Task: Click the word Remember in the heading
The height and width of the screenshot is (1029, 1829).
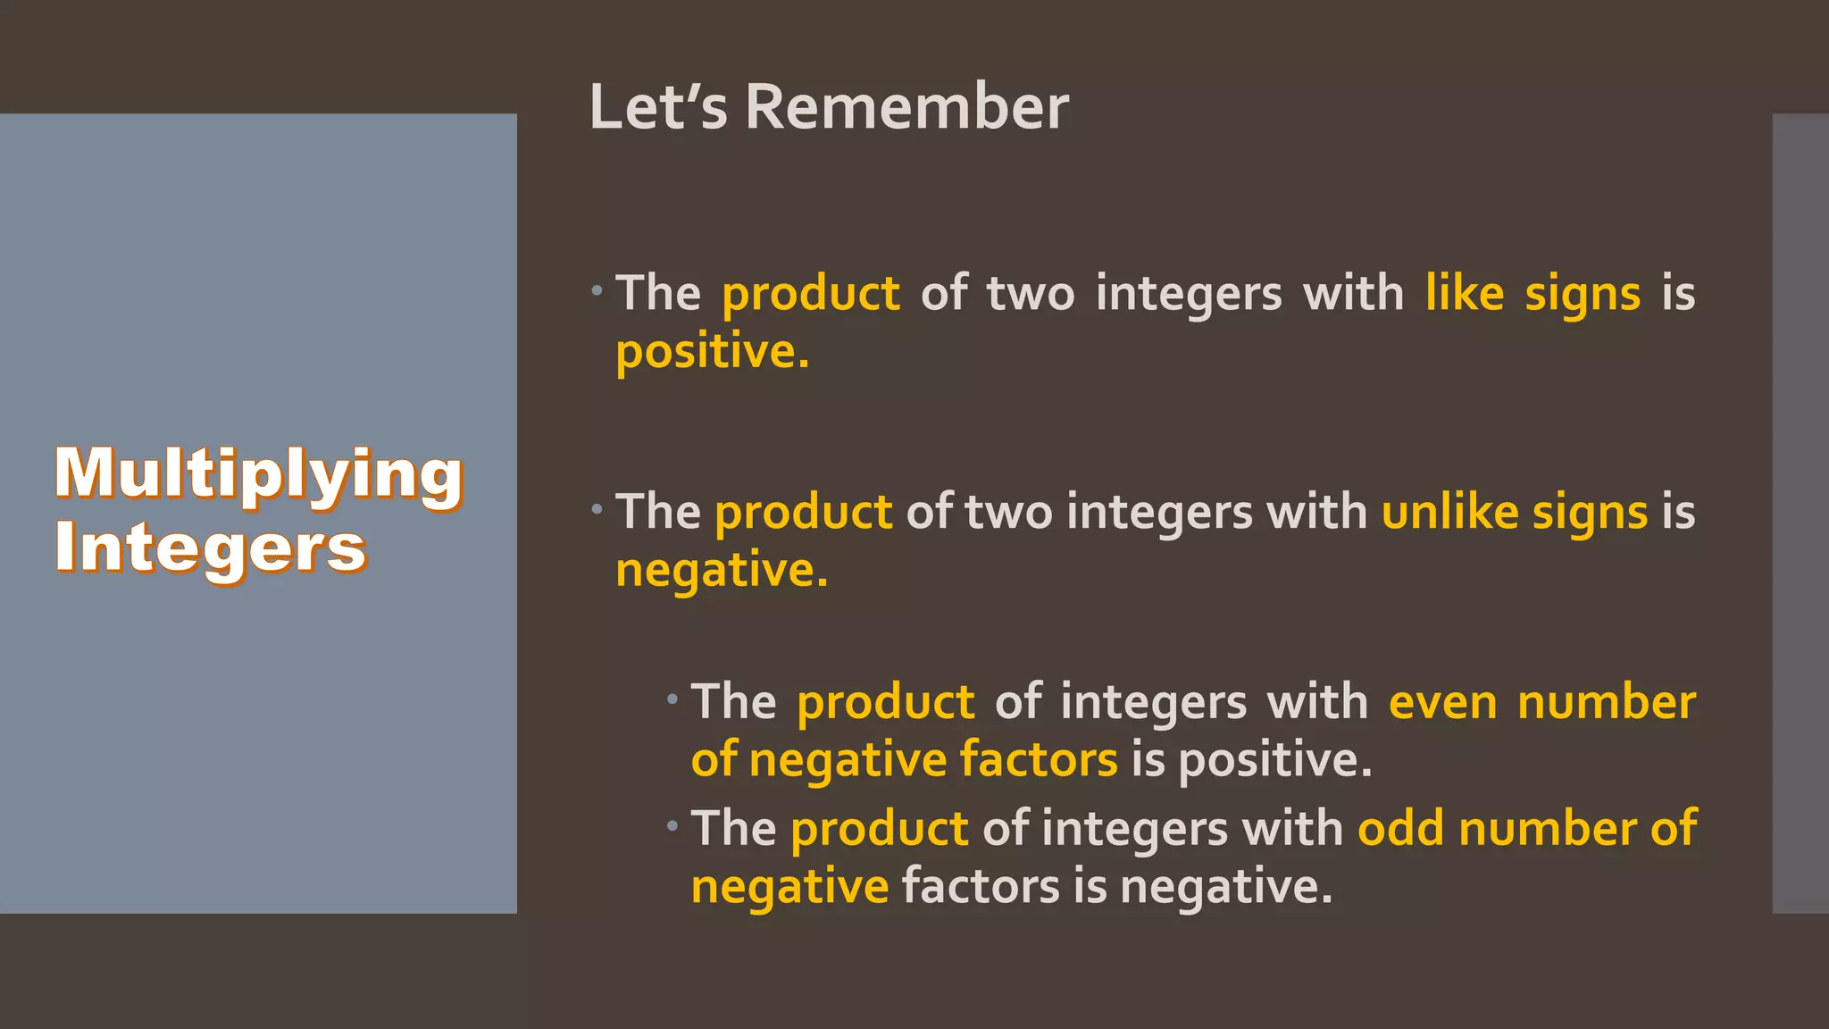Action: [906, 107]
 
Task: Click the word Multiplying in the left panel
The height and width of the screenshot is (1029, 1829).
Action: [259, 474]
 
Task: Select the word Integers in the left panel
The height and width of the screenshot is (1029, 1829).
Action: [211, 548]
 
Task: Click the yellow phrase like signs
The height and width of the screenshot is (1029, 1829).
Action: [1533, 294]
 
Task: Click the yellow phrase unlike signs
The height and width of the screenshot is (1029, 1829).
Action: [1515, 513]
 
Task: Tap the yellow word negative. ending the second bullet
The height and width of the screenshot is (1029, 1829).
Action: [722, 570]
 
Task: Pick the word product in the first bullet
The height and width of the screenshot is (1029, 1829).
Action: [810, 294]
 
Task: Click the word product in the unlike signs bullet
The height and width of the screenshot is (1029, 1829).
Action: [803, 513]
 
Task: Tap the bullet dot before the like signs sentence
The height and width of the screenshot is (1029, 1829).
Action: [597, 290]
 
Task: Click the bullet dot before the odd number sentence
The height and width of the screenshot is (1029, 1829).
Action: [672, 826]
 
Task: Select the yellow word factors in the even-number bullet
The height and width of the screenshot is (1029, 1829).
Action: [1039, 760]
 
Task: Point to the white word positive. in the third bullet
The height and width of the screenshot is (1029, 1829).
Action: [1274, 760]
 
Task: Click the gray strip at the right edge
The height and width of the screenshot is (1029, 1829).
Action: [1800, 514]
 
